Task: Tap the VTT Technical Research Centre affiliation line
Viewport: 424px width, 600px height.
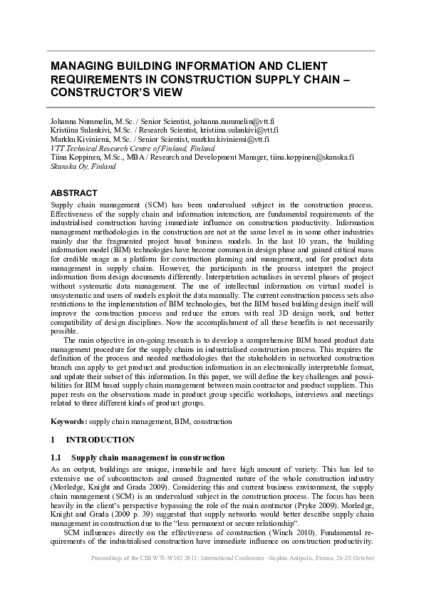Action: (x=122, y=148)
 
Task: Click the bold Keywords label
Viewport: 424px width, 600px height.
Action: (x=69, y=422)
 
